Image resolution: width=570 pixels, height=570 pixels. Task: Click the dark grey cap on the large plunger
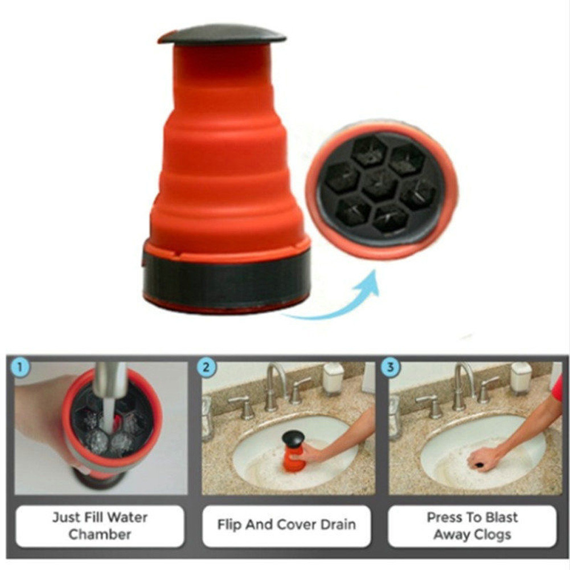222,34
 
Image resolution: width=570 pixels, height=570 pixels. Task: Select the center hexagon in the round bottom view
381,184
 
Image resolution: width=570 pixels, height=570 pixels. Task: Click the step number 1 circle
20,367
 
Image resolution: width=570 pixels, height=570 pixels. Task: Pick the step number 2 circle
207,368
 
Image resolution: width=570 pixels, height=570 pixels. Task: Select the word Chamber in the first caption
100,534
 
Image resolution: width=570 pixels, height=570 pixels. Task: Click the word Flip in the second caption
229,525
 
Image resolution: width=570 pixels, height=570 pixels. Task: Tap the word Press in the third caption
444,518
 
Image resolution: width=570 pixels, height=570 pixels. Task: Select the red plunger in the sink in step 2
294,451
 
